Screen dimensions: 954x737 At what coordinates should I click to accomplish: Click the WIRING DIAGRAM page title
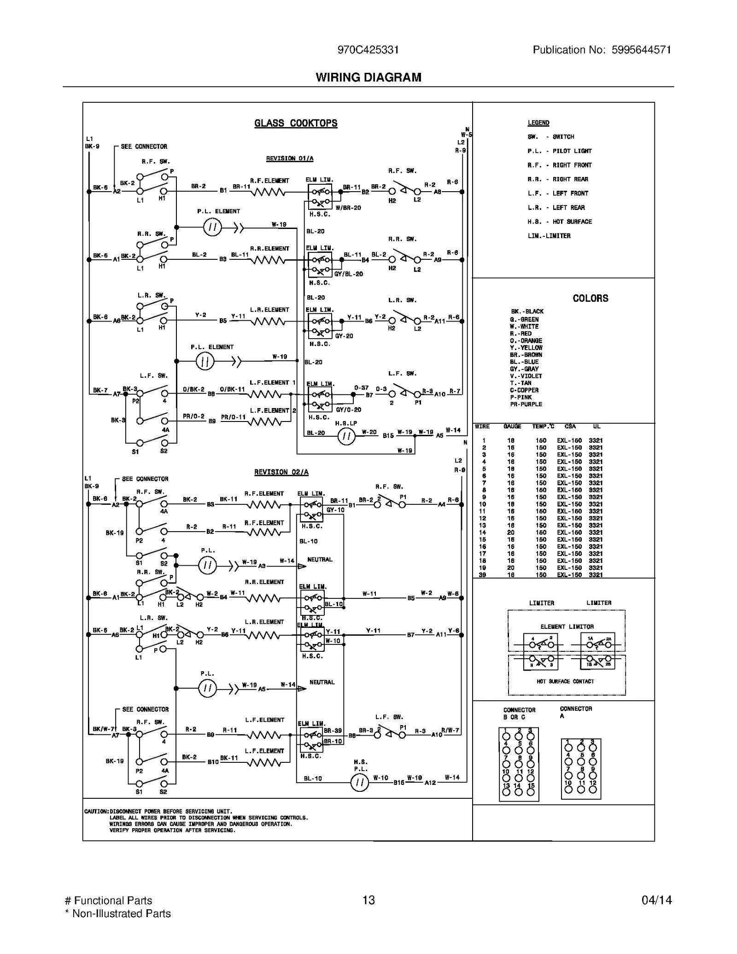(x=368, y=77)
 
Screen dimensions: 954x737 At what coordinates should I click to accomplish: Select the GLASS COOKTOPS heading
(x=296, y=123)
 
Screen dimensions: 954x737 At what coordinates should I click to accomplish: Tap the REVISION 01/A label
(x=289, y=158)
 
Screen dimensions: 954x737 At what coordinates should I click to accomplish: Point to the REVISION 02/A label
(x=281, y=472)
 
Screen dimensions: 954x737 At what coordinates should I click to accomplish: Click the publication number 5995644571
(x=641, y=50)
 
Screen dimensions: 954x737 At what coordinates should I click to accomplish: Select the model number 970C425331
(x=368, y=50)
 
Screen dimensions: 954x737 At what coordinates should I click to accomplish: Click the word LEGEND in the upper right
(x=538, y=123)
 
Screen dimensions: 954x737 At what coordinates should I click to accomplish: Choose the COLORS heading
(x=590, y=298)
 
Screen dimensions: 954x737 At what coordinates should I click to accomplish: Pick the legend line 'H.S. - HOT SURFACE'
(x=559, y=222)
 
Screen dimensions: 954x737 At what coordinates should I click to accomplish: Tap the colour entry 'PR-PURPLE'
(x=526, y=404)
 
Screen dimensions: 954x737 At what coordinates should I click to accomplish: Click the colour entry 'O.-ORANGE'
(x=526, y=341)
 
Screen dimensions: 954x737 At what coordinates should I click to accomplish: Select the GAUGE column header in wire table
(x=512, y=427)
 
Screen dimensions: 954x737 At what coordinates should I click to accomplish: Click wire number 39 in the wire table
(x=482, y=575)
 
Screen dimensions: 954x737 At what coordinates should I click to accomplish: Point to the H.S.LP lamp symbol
(x=346, y=436)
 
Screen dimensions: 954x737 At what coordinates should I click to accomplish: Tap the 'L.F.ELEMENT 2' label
(x=273, y=410)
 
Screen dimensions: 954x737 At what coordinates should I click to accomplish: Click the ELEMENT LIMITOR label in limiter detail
(x=567, y=626)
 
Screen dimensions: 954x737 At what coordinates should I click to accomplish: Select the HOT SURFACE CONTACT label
(x=565, y=681)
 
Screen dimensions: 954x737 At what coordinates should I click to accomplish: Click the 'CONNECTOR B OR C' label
(x=519, y=714)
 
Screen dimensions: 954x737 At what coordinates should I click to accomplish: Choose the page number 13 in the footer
(x=368, y=900)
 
